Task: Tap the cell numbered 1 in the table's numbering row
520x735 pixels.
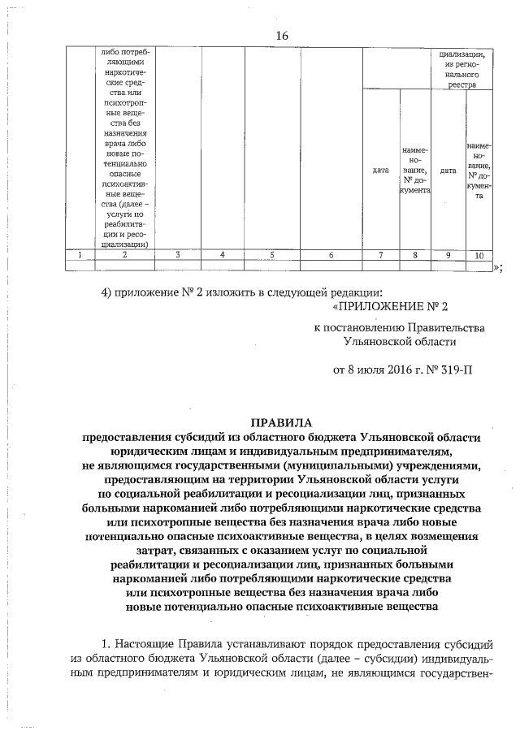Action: pos(80,255)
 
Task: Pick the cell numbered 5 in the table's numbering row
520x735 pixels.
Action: pos(272,255)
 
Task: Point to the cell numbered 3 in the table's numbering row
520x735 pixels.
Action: pos(177,255)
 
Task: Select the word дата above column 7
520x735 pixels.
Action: pos(380,171)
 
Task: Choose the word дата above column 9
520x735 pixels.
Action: pos(448,171)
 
